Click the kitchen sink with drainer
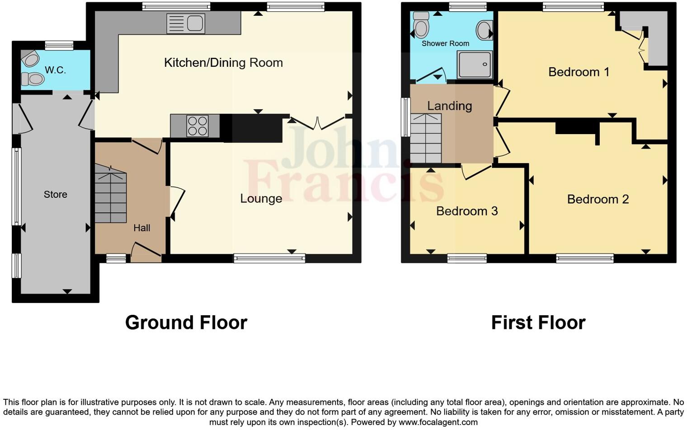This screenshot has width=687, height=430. click(185, 23)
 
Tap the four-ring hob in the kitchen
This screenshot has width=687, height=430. click(197, 126)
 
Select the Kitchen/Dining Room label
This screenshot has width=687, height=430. click(223, 63)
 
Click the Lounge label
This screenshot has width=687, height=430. click(261, 199)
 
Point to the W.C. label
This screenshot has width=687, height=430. click(55, 70)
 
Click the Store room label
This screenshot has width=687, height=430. click(55, 195)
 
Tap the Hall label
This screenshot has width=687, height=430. click(141, 228)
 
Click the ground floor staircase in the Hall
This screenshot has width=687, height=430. click(110, 194)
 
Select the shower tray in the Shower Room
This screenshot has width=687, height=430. click(474, 65)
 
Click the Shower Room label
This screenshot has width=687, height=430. click(445, 43)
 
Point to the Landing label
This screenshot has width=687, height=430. click(449, 106)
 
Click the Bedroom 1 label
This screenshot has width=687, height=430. click(579, 72)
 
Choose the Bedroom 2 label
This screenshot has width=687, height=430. click(598, 199)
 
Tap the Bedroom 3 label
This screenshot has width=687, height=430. click(466, 211)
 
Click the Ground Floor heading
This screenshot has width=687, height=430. click(186, 323)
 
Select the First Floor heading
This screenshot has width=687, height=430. click(538, 323)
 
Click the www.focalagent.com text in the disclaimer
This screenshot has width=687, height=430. click(438, 422)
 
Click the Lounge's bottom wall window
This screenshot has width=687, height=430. click(269, 258)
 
